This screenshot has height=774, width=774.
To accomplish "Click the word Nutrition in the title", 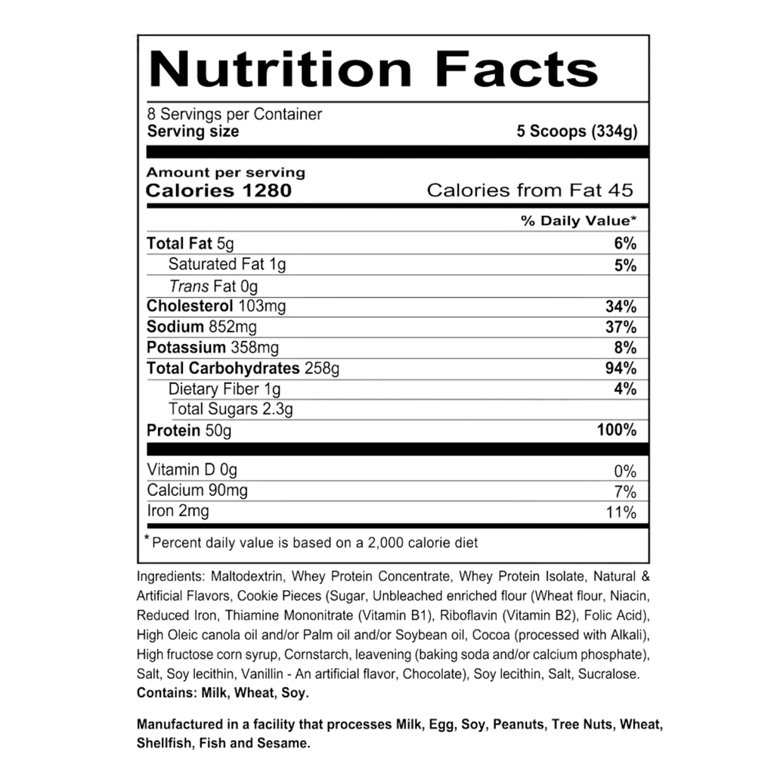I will pyautogui.click(x=280, y=69).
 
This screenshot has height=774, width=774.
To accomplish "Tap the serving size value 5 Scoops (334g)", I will pyautogui.click(x=577, y=132).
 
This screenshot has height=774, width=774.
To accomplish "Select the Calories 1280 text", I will pyautogui.click(x=218, y=190).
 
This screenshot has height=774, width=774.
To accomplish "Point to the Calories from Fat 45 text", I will pyautogui.click(x=530, y=190).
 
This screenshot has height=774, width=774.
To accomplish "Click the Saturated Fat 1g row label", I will pyautogui.click(x=228, y=265).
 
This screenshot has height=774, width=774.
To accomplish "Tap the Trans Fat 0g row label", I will pyautogui.click(x=214, y=286).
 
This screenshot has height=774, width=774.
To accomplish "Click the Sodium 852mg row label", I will pyautogui.click(x=202, y=327).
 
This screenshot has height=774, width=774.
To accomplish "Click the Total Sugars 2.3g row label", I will pyautogui.click(x=231, y=410).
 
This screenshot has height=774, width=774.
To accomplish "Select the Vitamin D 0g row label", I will pyautogui.click(x=192, y=471).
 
